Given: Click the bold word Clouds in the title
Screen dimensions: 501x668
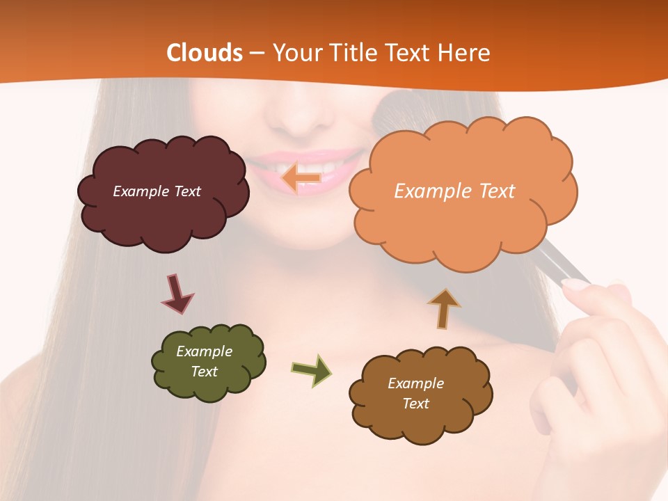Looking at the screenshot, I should (x=205, y=53).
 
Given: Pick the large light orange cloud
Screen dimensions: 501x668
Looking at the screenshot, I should (x=462, y=223).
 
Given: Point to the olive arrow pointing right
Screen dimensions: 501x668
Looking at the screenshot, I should (x=312, y=369).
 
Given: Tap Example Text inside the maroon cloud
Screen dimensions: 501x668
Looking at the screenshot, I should (x=157, y=191).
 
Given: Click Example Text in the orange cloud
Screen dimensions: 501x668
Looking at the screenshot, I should (x=454, y=191).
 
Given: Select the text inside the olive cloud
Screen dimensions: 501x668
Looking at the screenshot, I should (x=204, y=361).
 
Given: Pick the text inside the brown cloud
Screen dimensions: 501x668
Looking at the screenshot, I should (x=415, y=393).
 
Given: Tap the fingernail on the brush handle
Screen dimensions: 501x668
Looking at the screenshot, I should (x=575, y=284).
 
